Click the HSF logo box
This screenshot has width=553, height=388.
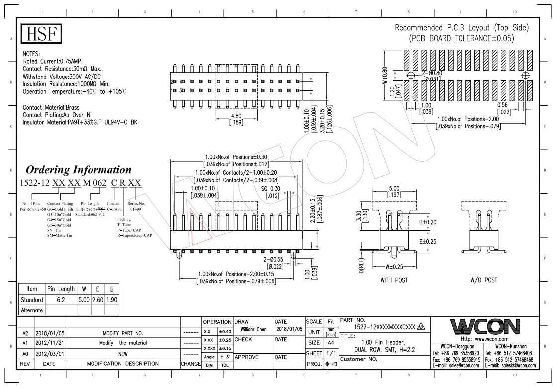click(42, 34)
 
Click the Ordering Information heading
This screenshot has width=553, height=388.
click(79, 170)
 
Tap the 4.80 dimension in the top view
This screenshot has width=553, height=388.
click(236, 117)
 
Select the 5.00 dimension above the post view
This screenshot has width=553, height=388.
click(394, 189)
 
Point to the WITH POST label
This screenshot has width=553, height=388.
click(394, 280)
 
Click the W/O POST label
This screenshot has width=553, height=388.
click(483, 280)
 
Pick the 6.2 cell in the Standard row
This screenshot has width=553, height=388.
click(61, 300)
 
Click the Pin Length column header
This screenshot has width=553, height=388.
click(61, 289)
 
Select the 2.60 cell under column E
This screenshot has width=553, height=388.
click(98, 300)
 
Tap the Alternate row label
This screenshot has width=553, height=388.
click(32, 310)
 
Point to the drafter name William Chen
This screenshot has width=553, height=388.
click(253, 329)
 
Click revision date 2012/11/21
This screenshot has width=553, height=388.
click(49, 343)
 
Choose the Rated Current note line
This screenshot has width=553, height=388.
click(53, 61)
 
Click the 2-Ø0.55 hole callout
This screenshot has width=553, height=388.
click(273, 259)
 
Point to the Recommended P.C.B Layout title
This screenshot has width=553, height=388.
click(461, 28)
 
